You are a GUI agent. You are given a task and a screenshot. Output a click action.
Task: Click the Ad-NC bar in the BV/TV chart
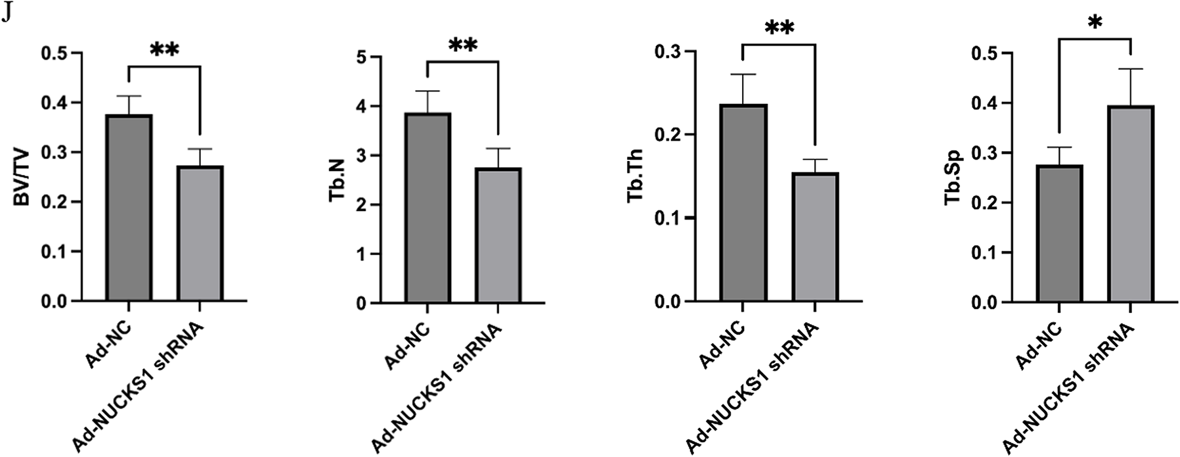[129, 208]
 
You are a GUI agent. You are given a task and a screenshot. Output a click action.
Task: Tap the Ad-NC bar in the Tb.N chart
[427, 208]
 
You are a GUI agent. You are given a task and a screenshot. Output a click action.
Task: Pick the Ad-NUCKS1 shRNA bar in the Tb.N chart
[499, 236]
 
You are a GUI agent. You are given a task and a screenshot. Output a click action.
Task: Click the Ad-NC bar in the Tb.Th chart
[743, 203]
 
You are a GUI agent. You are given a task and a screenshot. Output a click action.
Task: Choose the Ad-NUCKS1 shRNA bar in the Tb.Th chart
[814, 237]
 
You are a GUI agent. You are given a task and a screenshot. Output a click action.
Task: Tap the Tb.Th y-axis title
[634, 178]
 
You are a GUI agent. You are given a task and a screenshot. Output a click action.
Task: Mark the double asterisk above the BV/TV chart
[164, 51]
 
